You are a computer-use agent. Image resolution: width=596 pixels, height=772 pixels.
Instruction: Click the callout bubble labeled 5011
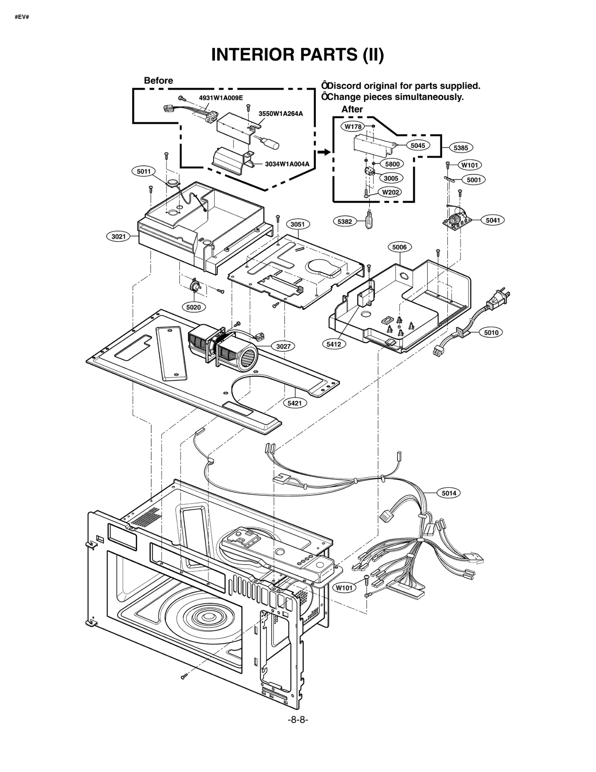coord(143,171)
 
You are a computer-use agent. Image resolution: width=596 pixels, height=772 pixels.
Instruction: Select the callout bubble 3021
coord(118,236)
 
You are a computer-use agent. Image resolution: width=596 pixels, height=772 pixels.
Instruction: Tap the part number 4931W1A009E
coord(221,98)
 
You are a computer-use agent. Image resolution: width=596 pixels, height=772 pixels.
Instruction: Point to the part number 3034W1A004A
coord(287,164)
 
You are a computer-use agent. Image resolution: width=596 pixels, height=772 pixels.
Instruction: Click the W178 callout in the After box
coord(353,127)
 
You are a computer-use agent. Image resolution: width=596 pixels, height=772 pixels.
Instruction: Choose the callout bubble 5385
coord(461,148)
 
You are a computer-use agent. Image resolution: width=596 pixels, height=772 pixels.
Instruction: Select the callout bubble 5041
coord(492,220)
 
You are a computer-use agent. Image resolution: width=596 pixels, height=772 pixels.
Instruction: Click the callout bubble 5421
coord(295,403)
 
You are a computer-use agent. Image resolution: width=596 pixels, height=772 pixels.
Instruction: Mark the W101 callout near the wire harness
coord(344,588)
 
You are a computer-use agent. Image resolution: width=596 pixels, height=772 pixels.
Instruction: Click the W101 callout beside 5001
coord(470,165)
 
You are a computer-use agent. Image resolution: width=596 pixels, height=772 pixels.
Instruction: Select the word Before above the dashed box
coord(158,81)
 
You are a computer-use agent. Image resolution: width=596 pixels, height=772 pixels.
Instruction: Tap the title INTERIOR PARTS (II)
coord(297,55)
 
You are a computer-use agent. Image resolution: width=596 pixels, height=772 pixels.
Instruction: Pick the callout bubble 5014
coord(449,493)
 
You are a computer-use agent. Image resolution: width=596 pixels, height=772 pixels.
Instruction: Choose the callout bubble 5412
coord(334,344)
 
